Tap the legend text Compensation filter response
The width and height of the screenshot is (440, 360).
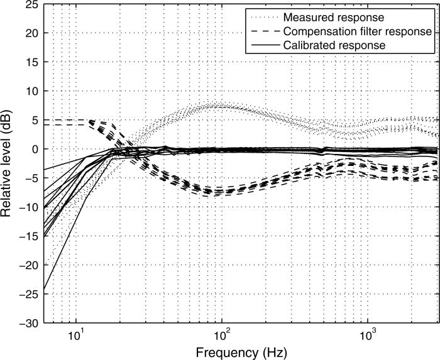356,31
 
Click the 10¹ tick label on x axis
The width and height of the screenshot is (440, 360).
76,332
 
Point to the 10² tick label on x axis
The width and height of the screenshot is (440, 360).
222,332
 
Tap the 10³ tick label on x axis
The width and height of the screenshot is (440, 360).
368,332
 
